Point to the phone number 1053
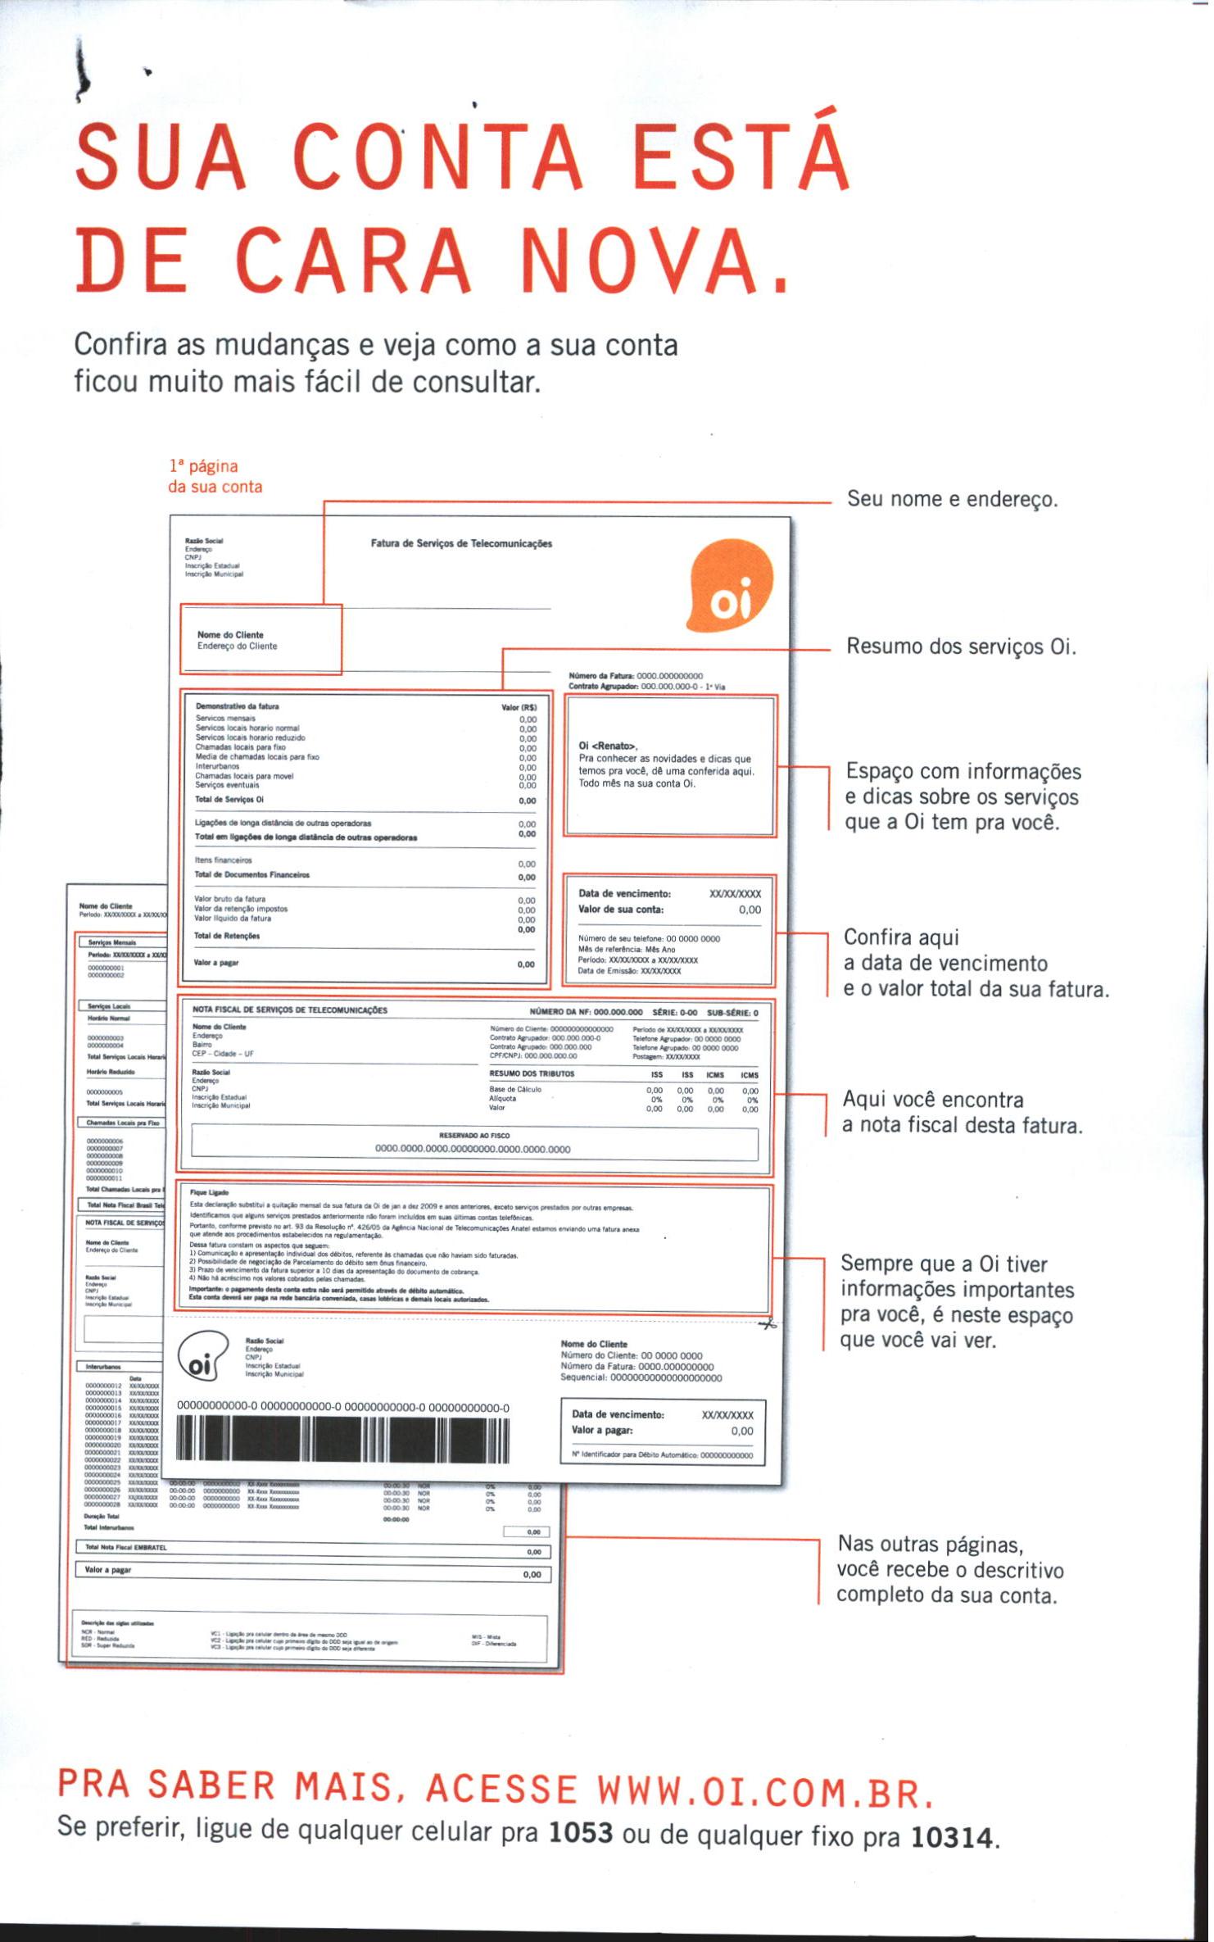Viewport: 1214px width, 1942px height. [x=581, y=1832]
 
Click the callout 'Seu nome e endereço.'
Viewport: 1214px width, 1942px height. [x=952, y=498]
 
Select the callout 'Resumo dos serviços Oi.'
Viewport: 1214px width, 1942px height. [x=960, y=647]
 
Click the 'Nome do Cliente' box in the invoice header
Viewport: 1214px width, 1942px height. [x=260, y=640]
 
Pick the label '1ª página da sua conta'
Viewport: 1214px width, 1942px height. [x=215, y=476]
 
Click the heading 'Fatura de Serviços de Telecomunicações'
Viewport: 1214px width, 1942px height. [x=461, y=543]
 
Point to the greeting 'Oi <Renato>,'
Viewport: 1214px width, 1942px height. [x=608, y=746]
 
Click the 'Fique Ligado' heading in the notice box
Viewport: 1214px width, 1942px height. [x=209, y=1192]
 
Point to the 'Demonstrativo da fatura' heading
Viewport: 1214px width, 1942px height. [x=238, y=706]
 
